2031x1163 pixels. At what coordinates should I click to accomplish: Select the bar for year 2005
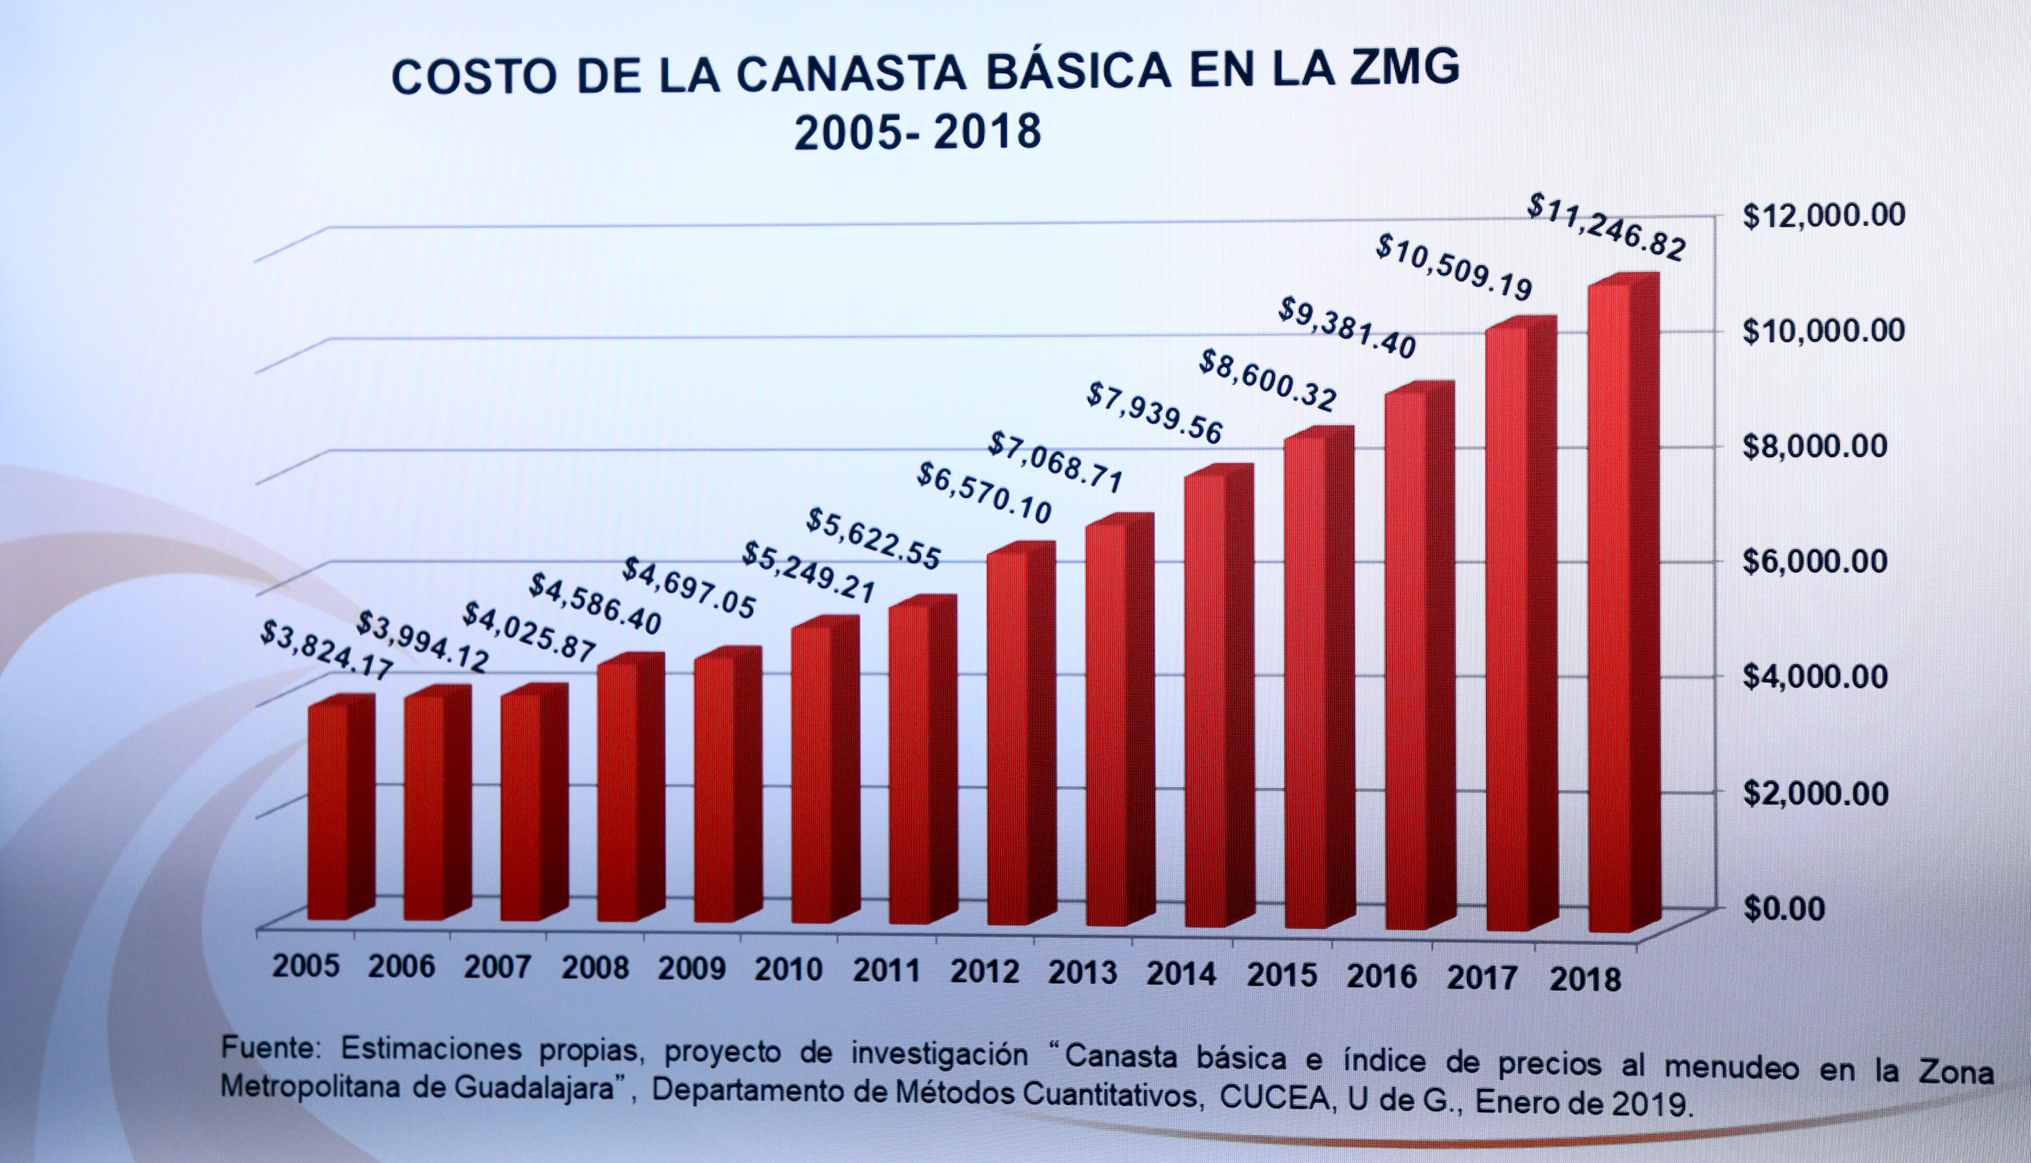coord(329,811)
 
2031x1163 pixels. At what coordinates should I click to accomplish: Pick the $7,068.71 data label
coord(1055,463)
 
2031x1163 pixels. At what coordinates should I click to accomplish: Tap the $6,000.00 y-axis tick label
coord(1814,561)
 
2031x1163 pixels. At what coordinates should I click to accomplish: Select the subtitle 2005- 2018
coord(917,132)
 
